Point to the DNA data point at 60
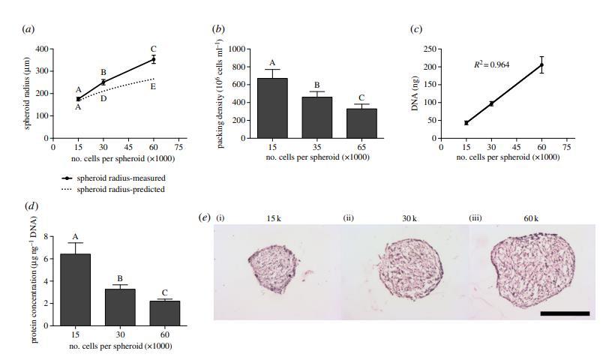point(541,65)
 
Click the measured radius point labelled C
point(153,59)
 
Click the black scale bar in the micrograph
point(565,313)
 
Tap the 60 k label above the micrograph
point(532,218)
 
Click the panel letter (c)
point(415,30)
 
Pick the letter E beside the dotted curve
point(153,86)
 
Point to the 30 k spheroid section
point(406,268)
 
